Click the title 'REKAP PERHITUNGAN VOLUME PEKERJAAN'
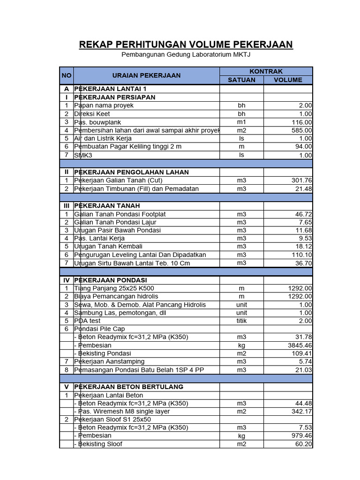point(186,45)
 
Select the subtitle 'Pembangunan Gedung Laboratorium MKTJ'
point(186,55)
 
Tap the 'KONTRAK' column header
point(266,71)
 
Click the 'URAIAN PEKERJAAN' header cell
point(146,75)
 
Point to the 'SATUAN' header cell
point(241,80)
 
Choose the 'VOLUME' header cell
point(288,80)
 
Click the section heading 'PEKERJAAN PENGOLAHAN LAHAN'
point(131,172)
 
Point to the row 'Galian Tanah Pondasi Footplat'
point(120,214)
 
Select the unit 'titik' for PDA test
point(241,321)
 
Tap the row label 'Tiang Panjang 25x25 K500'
point(114,288)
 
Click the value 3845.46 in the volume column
point(299,345)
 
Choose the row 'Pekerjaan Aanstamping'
point(109,362)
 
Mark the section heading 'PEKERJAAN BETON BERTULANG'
point(128,387)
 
